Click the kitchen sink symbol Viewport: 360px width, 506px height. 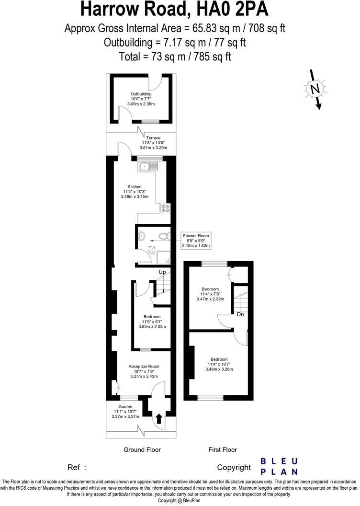tap(148, 167)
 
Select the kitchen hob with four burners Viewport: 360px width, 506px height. tap(166, 208)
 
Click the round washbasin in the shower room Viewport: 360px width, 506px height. tap(141, 236)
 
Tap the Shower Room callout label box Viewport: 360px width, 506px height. tap(196, 241)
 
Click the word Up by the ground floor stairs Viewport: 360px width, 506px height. tap(162, 272)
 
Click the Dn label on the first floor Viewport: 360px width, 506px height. tap(240, 314)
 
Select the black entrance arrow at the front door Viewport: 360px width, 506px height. tap(158, 419)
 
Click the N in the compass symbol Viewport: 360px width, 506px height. tap(315, 89)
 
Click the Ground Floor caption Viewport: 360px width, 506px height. tap(142, 449)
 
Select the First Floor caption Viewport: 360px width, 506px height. tap(223, 449)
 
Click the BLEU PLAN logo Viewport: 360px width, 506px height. tap(279, 467)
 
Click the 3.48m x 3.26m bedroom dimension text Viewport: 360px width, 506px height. tap(219, 369)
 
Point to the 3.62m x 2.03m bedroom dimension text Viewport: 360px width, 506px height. tap(152, 327)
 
